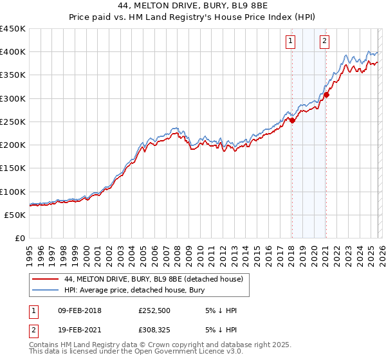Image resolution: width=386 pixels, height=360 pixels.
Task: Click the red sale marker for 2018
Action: coord(292,120)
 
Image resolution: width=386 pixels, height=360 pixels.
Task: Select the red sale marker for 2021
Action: coord(326,94)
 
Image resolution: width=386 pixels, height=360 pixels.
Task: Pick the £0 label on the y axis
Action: coord(19,238)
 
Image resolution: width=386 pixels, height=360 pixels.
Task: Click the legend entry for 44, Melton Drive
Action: coord(153,279)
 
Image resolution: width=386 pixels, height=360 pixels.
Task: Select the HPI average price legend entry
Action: coord(132,290)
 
